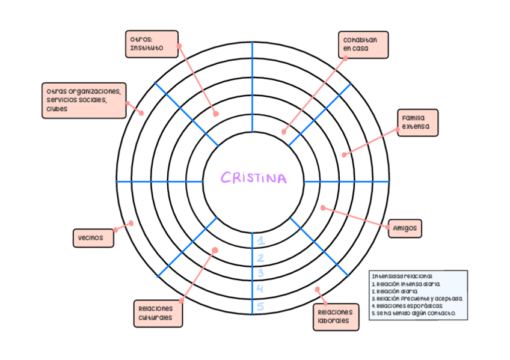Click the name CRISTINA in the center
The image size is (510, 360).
click(253, 178)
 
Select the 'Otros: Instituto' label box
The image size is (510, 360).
click(152, 44)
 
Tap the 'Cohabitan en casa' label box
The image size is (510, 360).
click(362, 44)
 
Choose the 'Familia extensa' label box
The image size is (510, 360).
click(417, 123)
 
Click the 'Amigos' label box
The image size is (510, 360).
click(405, 228)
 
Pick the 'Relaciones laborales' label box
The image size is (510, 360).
click(336, 317)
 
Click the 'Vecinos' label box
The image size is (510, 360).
click(92, 237)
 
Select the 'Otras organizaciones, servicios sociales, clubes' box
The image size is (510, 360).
click(84, 100)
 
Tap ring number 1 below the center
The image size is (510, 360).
click(260, 241)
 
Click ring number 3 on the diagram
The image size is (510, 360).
click(260, 273)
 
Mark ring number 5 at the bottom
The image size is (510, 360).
click(260, 307)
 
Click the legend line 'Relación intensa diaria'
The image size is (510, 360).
click(407, 284)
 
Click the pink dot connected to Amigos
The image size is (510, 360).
click(322, 208)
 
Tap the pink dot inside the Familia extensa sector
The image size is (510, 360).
click(344, 154)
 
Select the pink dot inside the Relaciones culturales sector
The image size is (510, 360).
click(215, 250)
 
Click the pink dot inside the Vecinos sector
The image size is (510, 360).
click(131, 223)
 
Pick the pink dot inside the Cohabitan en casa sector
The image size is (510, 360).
click(283, 132)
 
